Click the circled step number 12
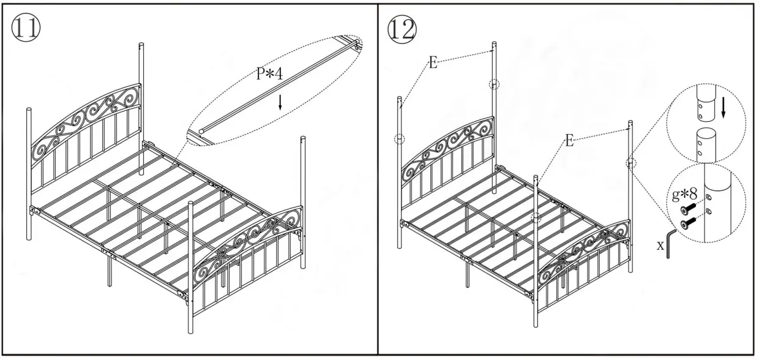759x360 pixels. tap(402, 28)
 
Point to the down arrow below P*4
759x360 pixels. tap(280, 102)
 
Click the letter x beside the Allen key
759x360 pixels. tap(660, 245)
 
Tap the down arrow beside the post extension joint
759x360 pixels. tap(724, 109)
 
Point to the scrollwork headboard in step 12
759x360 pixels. tap(447, 147)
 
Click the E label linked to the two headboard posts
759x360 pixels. tap(433, 63)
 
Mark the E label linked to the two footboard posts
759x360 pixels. tap(569, 141)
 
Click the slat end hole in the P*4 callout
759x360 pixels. tap(201, 130)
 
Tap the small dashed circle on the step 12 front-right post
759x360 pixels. tap(630, 162)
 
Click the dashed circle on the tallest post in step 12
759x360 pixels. tap(493, 84)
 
